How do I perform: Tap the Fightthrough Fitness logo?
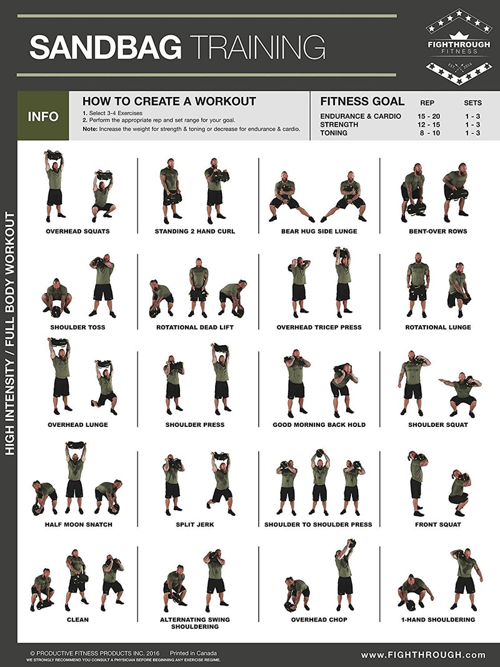pos(458,47)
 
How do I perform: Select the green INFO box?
pos(43,116)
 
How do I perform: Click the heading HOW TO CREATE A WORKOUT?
pos(169,101)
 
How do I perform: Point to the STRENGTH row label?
pos(339,124)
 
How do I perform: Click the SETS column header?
pos(472,103)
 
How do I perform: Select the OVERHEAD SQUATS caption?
pos(77,231)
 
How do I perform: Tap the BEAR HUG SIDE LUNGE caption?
pos(319,231)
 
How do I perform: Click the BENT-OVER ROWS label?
pos(439,231)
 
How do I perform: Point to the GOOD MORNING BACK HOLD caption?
pos(319,424)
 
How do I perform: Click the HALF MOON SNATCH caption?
pos(78,524)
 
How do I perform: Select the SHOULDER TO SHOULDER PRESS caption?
pos(318,524)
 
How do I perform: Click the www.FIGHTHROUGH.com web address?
pos(423,654)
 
